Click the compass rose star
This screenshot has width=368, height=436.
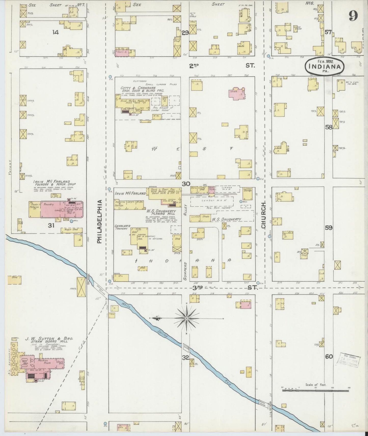pos(187,318)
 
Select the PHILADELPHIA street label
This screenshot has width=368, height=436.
pos(99,221)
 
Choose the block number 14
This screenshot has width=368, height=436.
pos(56,32)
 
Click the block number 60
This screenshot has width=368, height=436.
pos(329,356)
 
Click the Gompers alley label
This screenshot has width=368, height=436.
pos(185,271)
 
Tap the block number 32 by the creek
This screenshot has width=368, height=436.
pos(186,357)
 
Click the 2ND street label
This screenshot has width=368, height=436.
pos(194,65)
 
